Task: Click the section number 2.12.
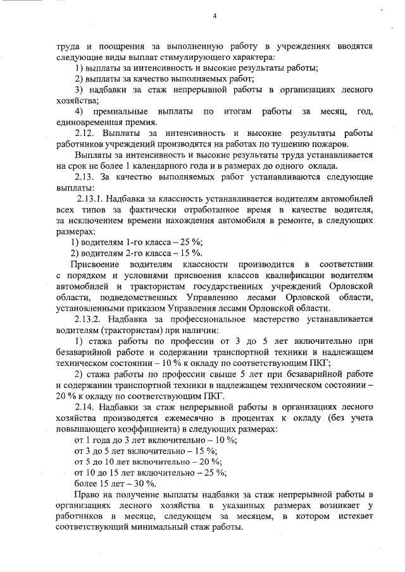point(85,133)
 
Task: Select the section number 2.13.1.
point(90,199)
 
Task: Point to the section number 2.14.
point(85,407)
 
